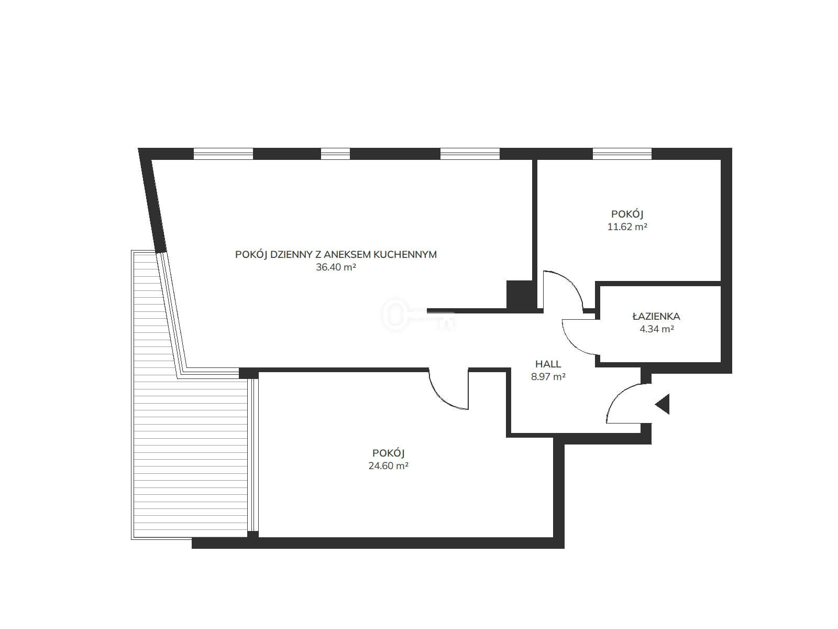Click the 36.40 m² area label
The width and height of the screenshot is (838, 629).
336,267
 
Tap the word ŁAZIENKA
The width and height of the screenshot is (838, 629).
656,316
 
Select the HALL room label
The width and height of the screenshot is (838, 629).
548,364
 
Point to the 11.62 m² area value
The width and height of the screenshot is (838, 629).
627,227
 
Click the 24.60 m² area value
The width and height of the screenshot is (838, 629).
388,466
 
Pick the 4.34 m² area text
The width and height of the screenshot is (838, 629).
657,329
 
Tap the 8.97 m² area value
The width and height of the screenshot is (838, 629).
548,376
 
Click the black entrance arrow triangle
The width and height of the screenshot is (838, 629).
663,404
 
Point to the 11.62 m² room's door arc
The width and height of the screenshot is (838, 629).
572,282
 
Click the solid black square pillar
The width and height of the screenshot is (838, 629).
519,295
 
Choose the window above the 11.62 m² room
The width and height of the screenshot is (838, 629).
622,154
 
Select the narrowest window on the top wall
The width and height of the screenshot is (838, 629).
335,154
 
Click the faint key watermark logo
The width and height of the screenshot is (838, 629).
419,315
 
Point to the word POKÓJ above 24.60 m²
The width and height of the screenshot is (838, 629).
388,453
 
